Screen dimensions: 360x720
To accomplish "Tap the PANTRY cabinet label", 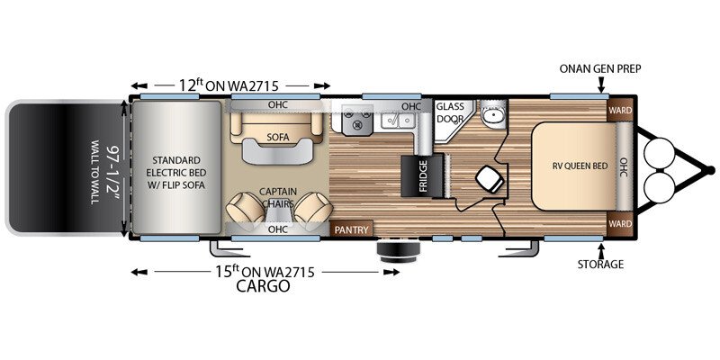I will pos(350,230).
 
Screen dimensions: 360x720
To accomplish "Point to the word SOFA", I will pos(277,138).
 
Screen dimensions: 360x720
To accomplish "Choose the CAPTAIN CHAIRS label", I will pos(277,196).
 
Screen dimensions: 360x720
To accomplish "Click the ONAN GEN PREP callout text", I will pos(599,67).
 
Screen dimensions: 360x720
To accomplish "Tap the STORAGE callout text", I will pos(600,265).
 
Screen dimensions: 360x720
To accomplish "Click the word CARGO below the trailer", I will pos(263,287).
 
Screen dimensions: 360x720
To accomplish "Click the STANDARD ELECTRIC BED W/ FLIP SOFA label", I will pos(177,168).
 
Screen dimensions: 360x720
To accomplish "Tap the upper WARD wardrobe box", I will pos(620,112).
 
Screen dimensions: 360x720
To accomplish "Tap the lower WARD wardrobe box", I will pos(620,222).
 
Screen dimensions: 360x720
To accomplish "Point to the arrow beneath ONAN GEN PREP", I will pos(600,85).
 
